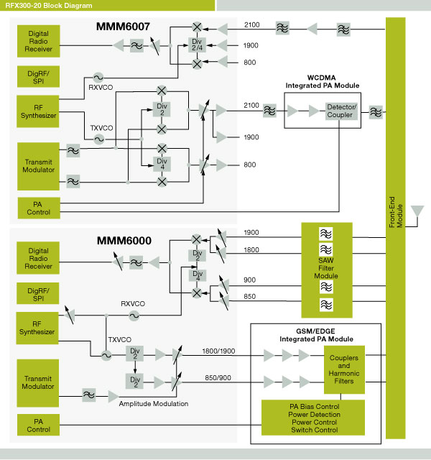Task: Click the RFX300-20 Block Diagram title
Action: click(x=48, y=5)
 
